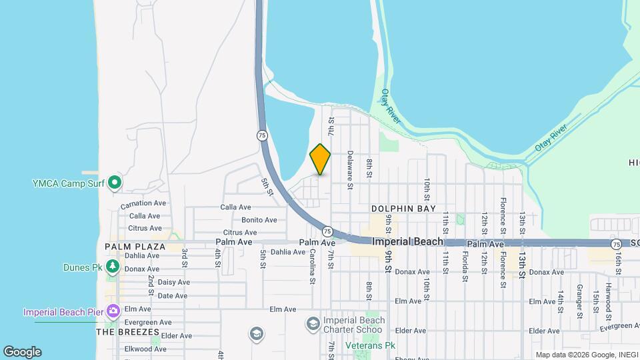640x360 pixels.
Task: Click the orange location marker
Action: coord(320,159)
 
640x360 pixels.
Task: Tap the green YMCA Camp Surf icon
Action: coord(115,181)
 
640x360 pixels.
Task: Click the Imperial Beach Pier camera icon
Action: coord(113,311)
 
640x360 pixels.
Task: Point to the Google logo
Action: coord(22,352)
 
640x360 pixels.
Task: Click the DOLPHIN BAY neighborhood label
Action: coord(403,209)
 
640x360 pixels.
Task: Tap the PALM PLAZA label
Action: coord(135,247)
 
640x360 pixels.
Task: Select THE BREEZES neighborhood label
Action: coord(127,331)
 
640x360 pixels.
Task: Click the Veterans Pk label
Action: coord(371,345)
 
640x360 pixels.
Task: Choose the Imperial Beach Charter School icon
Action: coord(313,324)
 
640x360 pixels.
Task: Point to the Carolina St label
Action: coord(312,267)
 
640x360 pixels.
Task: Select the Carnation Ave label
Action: coord(143,204)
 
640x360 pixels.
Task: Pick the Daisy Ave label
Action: coord(173,282)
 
